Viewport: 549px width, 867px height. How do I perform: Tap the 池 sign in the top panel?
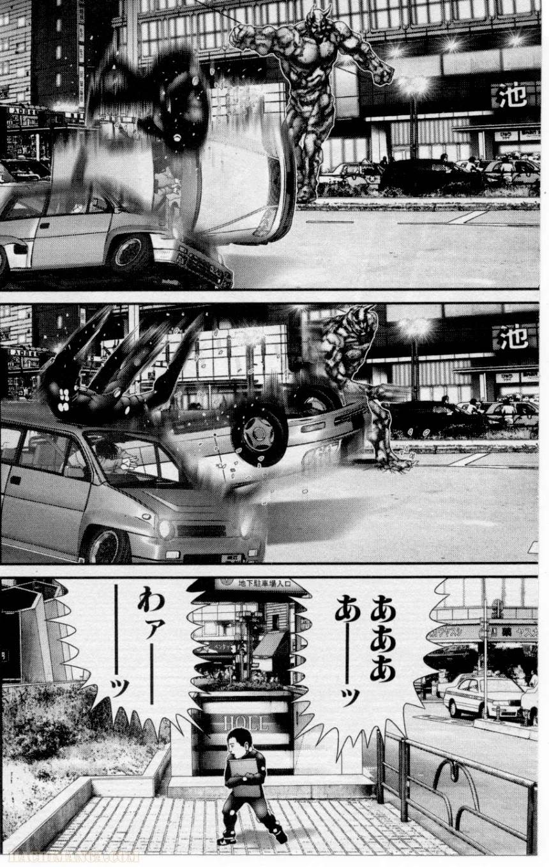[x=509, y=97]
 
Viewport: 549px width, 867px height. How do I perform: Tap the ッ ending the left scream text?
[x=121, y=688]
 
